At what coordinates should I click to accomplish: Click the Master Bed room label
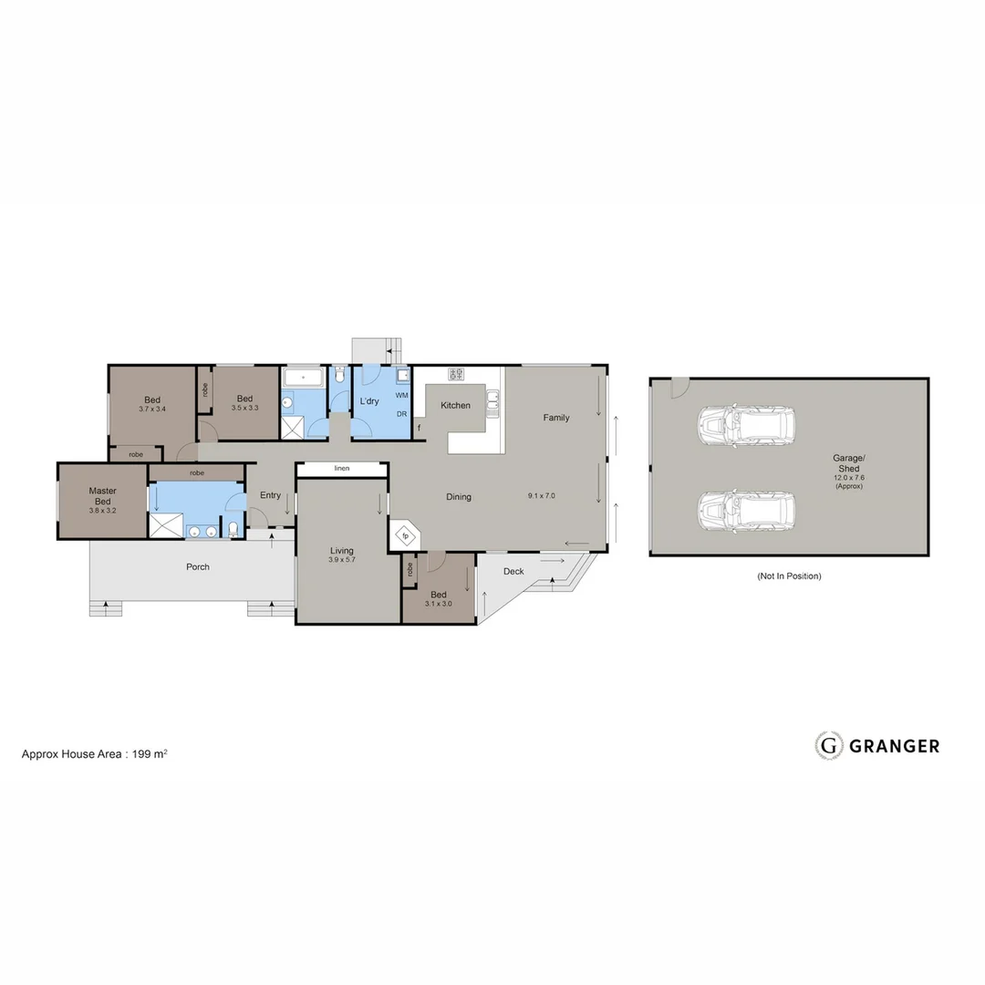click(x=102, y=496)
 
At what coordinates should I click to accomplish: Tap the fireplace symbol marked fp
click(x=405, y=536)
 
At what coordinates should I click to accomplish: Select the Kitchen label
click(x=456, y=405)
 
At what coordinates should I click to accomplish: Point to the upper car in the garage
click(x=745, y=426)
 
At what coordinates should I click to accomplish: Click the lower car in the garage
click(x=745, y=512)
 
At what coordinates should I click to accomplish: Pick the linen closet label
click(x=342, y=469)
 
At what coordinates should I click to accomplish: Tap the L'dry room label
click(x=369, y=401)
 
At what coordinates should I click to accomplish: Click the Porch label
click(x=198, y=567)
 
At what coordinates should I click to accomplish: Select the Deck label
click(x=513, y=572)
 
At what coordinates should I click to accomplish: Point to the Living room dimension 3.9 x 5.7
click(x=342, y=560)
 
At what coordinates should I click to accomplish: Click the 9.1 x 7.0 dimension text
click(x=541, y=496)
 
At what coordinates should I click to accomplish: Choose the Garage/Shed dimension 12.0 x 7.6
click(x=848, y=478)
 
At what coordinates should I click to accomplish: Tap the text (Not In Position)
click(x=789, y=576)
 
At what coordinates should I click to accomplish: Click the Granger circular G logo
click(x=828, y=745)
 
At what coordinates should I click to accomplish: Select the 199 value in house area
click(x=142, y=754)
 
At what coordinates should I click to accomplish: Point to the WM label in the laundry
click(x=401, y=396)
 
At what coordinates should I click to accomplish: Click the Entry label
click(x=270, y=495)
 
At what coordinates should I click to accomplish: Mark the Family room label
click(x=556, y=418)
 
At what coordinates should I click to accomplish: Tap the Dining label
click(x=459, y=497)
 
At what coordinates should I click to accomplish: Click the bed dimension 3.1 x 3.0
click(x=439, y=604)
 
